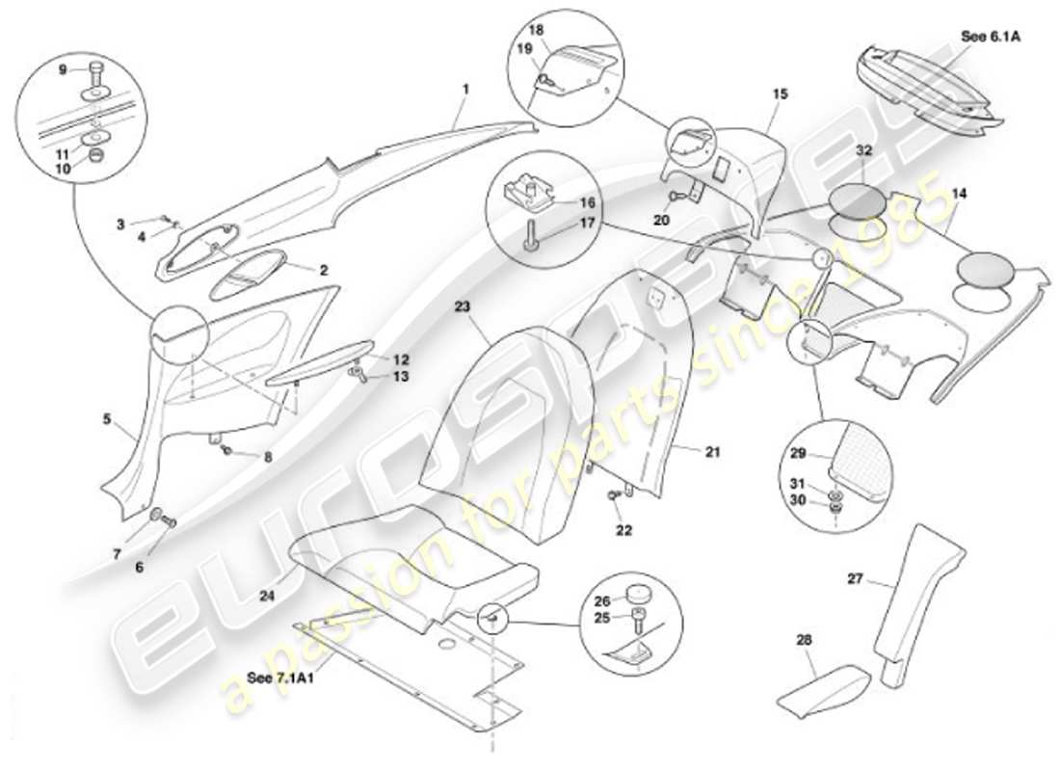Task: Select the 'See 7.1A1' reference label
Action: pos(274,677)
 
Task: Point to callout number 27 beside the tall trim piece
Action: pos(856,580)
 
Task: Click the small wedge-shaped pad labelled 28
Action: pos(821,685)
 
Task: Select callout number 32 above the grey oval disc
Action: pos(862,150)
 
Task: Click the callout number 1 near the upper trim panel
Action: pos(465,89)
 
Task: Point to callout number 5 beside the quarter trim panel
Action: pos(107,420)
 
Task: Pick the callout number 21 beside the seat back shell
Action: pos(711,451)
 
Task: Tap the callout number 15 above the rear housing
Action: pos(780,93)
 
